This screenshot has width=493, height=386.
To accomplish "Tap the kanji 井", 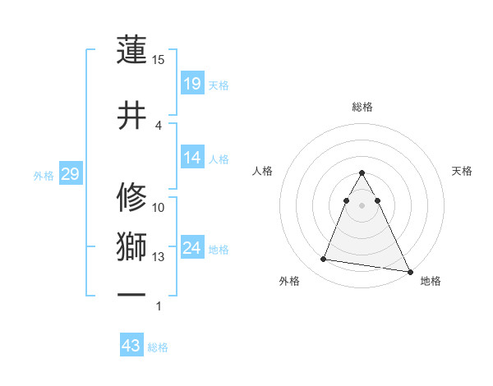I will [131, 116].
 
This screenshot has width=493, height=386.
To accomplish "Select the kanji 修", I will [131, 198].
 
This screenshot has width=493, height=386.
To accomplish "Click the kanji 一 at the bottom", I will [131, 294].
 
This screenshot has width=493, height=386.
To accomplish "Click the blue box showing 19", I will [192, 84].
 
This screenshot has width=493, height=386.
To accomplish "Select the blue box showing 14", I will [192, 159].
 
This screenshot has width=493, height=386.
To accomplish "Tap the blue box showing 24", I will [192, 248].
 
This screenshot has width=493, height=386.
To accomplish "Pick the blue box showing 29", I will [70, 174].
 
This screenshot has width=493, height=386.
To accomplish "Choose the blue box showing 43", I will [131, 346].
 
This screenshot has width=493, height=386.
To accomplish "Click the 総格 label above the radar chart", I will [362, 107].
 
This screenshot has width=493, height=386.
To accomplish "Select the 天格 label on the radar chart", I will [463, 171].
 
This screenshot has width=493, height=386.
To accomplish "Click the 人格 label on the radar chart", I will [263, 171].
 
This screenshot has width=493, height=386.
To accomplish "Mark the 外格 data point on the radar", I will [324, 260].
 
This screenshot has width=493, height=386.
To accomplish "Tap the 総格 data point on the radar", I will [362, 173].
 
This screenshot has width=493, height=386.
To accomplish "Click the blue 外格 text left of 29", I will [44, 175].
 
